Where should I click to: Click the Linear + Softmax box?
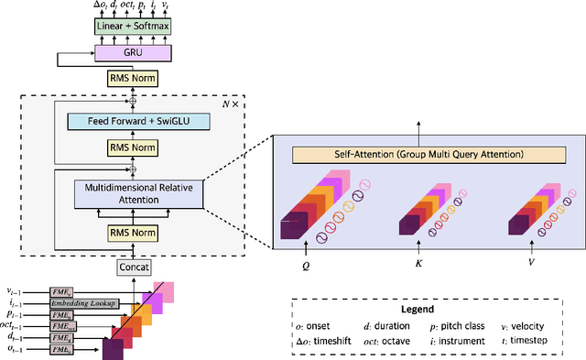pos(134,27)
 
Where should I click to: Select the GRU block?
pos(134,54)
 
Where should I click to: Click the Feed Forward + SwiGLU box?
pos(134,121)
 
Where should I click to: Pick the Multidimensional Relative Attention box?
pos(134,194)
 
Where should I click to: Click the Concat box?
pos(134,267)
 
